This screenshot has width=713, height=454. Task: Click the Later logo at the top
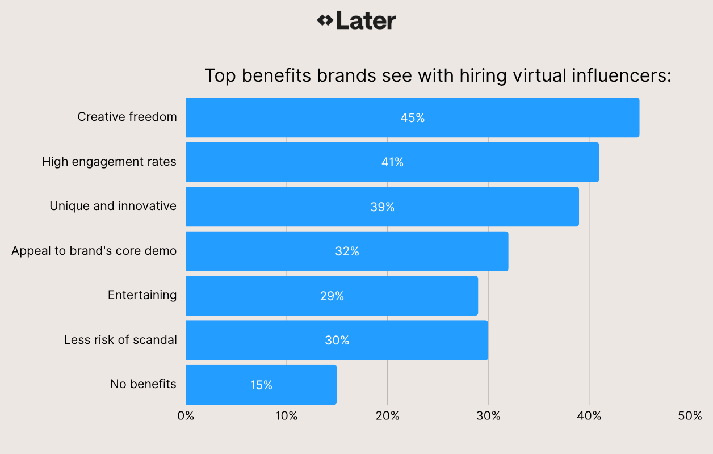click(356, 21)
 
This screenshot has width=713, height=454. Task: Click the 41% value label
click(392, 162)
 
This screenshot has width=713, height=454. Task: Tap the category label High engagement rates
click(109, 162)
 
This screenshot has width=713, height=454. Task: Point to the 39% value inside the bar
click(382, 207)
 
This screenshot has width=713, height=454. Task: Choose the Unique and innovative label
click(113, 206)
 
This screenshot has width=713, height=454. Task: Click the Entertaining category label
click(142, 295)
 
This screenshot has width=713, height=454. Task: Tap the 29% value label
click(332, 296)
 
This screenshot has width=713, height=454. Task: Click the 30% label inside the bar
click(337, 340)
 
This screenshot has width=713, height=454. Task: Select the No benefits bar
click(261, 385)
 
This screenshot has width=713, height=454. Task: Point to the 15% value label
click(261, 385)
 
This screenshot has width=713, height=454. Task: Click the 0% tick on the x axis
click(186, 416)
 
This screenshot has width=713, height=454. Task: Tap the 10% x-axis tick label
click(286, 416)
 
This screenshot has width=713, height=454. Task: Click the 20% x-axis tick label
click(387, 416)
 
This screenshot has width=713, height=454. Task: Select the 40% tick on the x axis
click(589, 416)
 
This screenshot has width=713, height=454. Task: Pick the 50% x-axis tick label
click(690, 416)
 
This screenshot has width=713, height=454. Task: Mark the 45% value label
click(412, 118)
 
